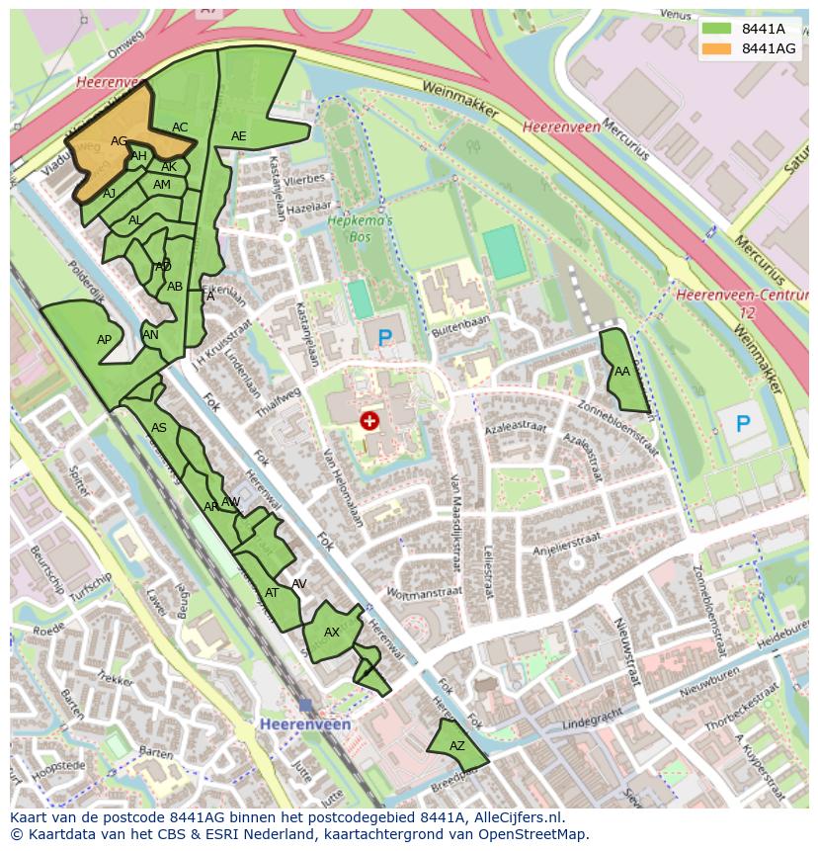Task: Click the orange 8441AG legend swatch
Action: (x=716, y=48)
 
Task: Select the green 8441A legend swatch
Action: (x=716, y=29)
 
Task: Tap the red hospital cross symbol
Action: (x=369, y=422)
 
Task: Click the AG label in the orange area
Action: (x=119, y=141)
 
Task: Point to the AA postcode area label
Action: (x=622, y=372)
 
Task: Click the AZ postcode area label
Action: (x=456, y=746)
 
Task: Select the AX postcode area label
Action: (x=332, y=633)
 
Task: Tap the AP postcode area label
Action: (x=104, y=340)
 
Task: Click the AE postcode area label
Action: (x=238, y=136)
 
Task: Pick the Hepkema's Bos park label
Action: (x=360, y=229)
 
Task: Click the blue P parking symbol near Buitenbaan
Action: (x=384, y=338)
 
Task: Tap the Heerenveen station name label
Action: (x=305, y=724)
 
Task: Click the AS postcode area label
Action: (x=159, y=428)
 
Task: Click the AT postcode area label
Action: (x=272, y=593)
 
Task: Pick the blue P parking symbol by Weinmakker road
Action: (x=742, y=425)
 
